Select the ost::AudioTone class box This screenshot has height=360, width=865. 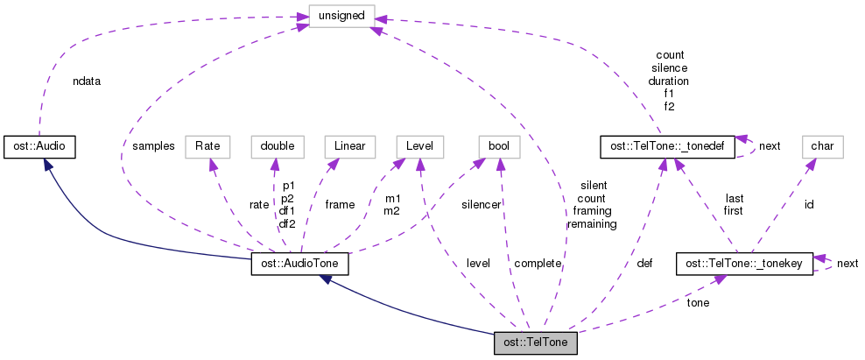pos(300,264)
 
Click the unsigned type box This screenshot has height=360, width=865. pos(341,15)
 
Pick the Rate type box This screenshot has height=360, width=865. pos(207,145)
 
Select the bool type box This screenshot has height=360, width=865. pos(499,145)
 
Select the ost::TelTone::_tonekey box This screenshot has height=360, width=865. pos(744,263)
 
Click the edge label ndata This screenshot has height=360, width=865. pos(87,81)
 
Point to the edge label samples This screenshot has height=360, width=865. pos(153,145)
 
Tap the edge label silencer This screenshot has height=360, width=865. pos(482,204)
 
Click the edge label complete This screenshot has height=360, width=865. pos(538,263)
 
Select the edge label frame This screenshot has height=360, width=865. pos(340,204)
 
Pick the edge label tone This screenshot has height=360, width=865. pos(698,303)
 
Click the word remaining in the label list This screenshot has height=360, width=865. pos(592,223)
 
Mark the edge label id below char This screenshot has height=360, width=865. pos(810,204)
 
